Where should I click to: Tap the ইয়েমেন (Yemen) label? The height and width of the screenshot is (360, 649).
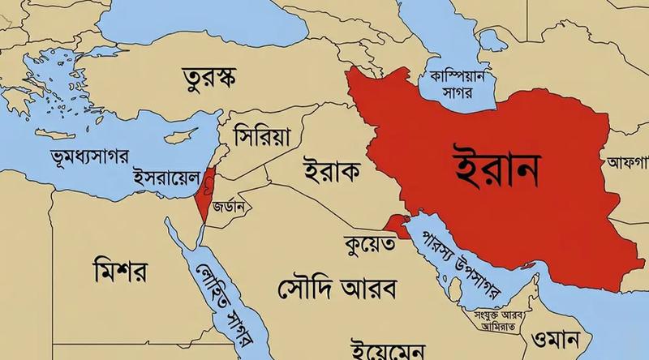click(x=384, y=349)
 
